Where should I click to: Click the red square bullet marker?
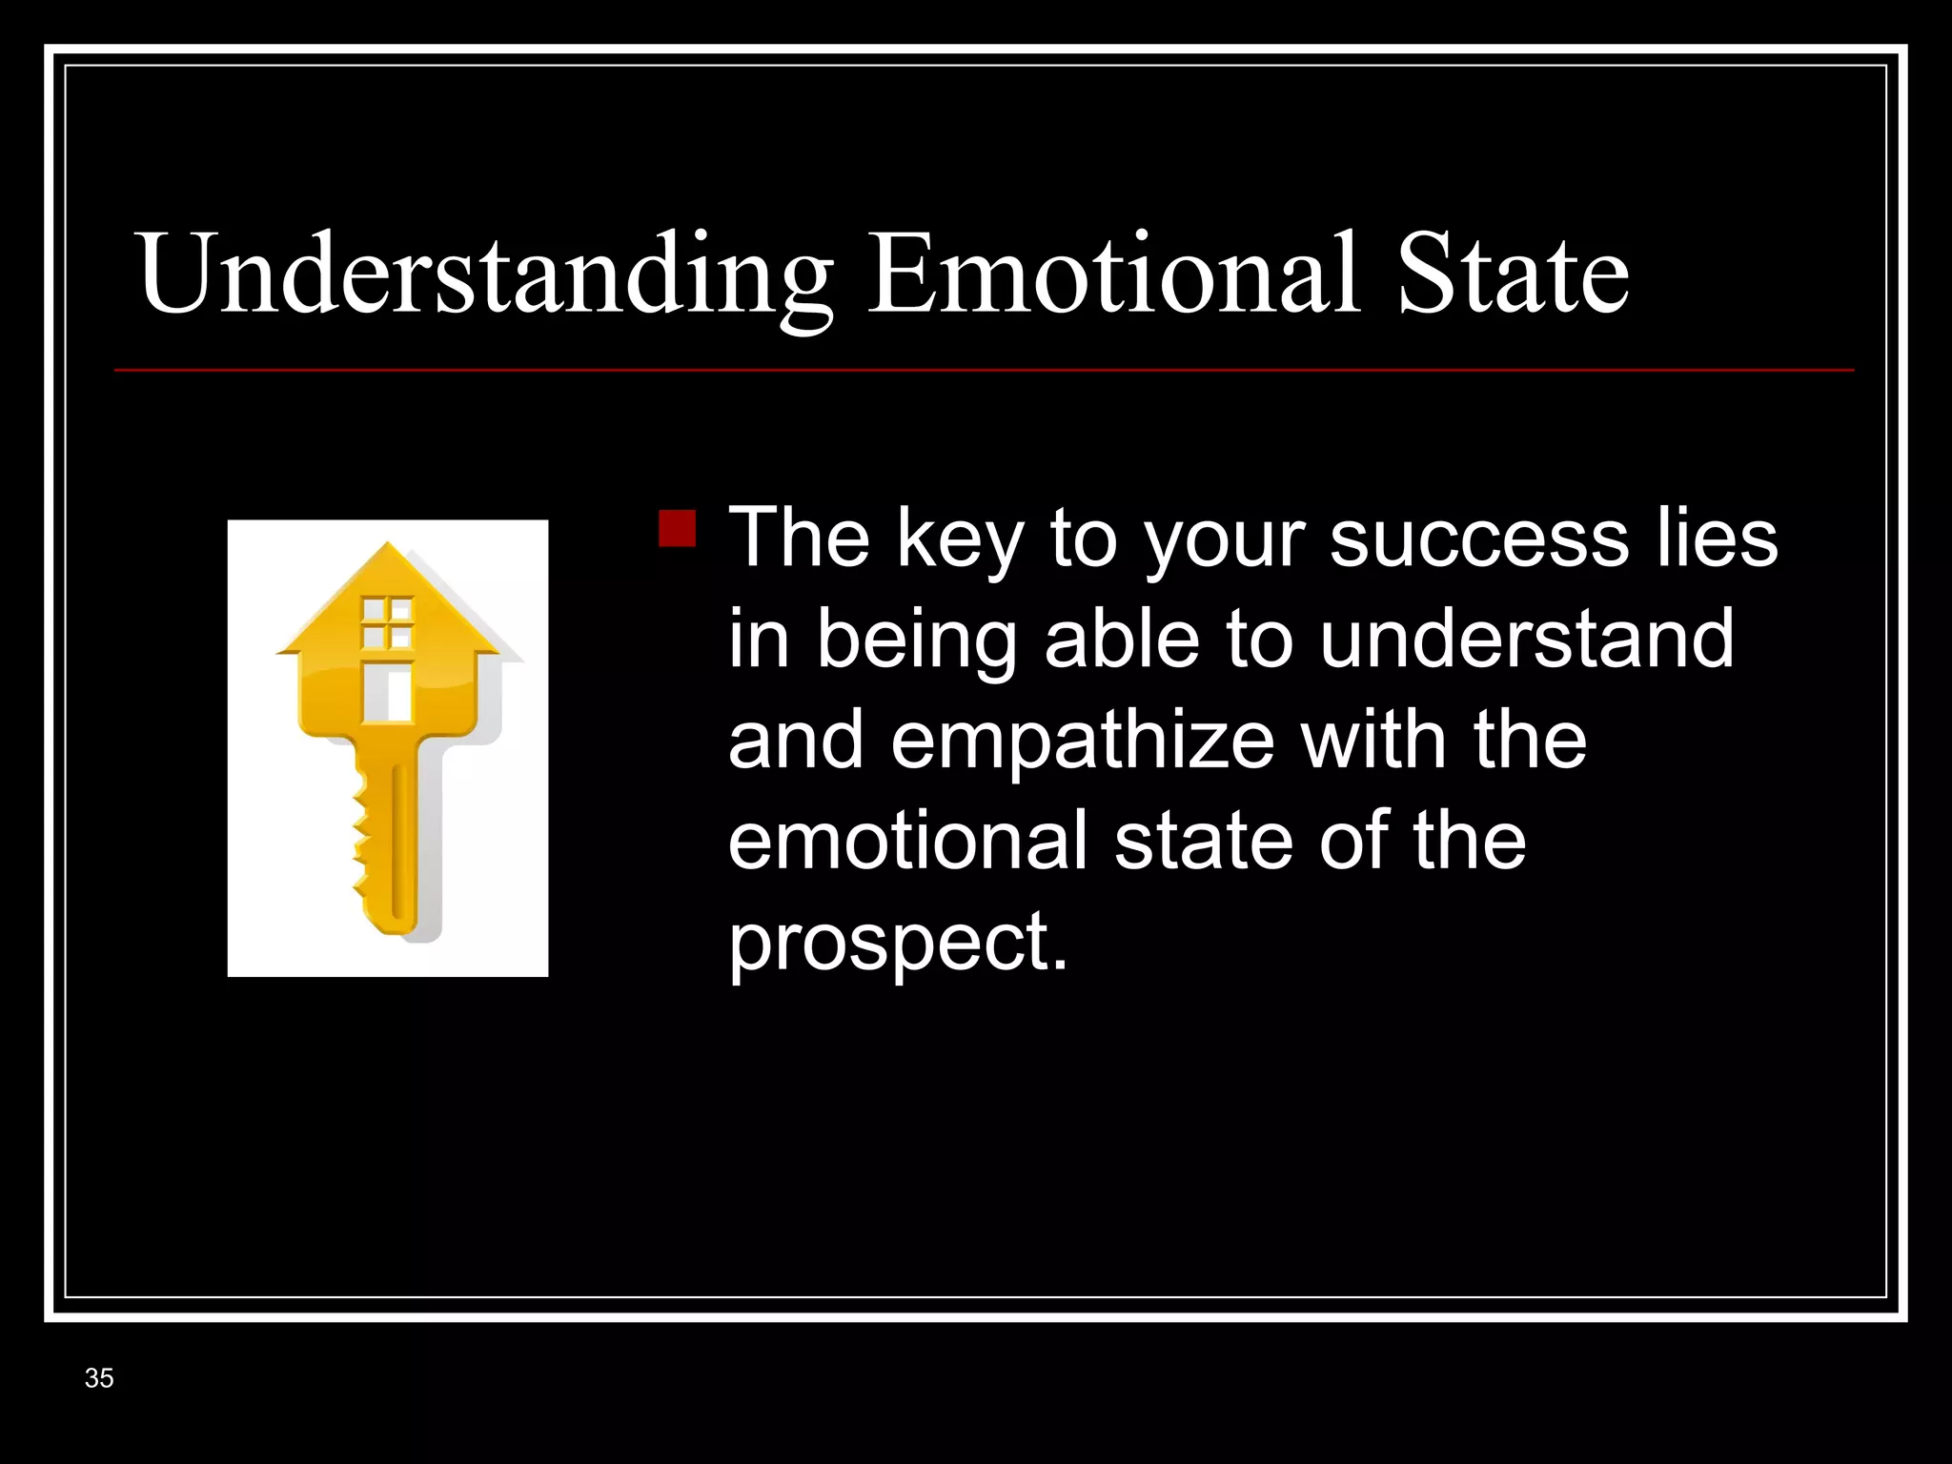coord(677,528)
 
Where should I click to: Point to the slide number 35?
coord(99,1378)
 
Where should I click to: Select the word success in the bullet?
coord(1478,539)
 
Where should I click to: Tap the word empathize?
coord(1082,742)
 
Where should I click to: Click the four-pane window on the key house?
coord(387,622)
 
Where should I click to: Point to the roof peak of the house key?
coord(387,548)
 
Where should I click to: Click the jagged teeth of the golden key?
coord(361,839)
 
